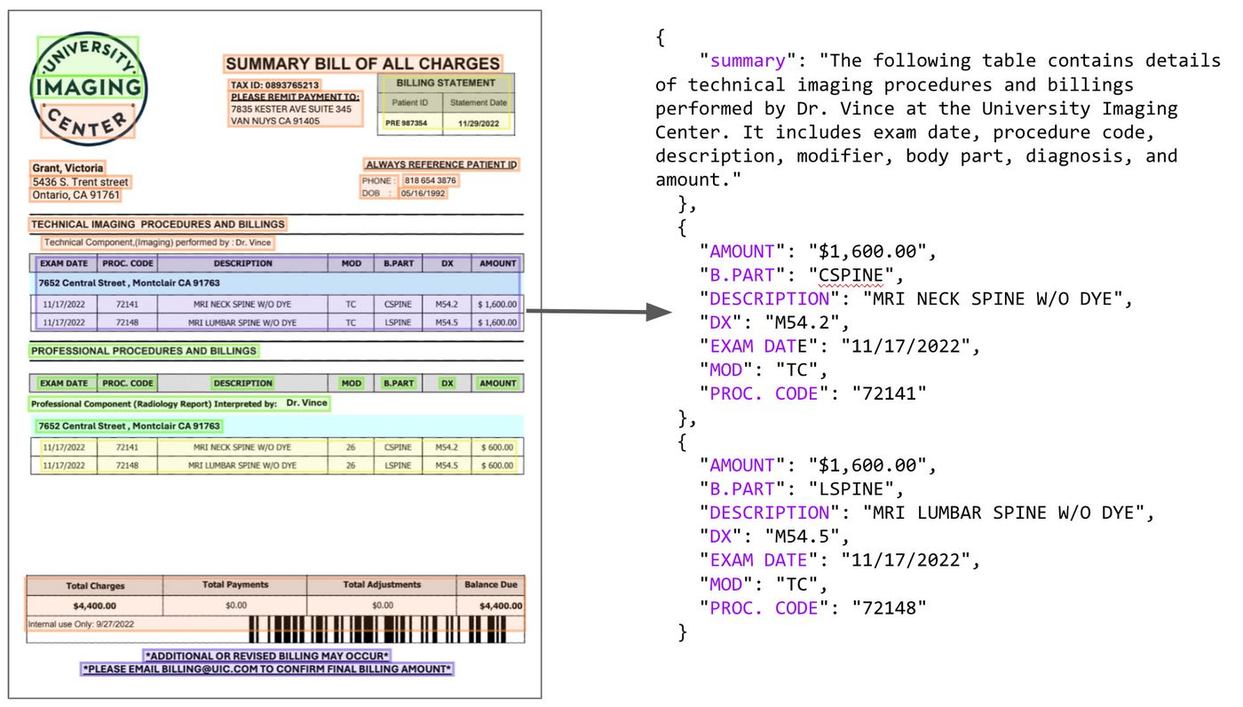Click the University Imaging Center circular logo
(x=89, y=89)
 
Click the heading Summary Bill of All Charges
(x=363, y=64)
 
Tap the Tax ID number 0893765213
(x=292, y=85)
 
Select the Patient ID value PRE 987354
(x=407, y=123)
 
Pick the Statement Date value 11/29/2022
(x=479, y=123)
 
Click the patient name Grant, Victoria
(x=67, y=168)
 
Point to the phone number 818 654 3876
(x=430, y=180)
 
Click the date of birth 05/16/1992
(x=423, y=193)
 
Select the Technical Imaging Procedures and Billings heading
(x=158, y=224)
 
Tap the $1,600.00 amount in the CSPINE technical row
(x=497, y=304)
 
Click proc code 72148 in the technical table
(x=127, y=322)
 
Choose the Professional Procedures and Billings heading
(x=144, y=351)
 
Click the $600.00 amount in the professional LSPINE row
(x=497, y=465)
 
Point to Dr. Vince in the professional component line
(x=307, y=403)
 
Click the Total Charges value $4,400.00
(x=95, y=606)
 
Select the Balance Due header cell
(x=490, y=585)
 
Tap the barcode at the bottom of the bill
(x=377, y=630)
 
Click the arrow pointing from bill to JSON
(x=599, y=312)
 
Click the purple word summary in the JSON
(x=748, y=60)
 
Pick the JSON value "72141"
(x=889, y=393)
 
